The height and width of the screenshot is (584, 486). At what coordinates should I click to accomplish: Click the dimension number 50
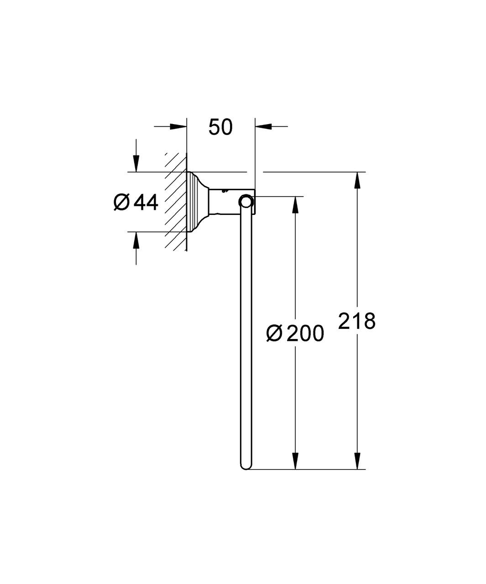220,127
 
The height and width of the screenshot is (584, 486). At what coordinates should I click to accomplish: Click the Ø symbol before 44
122,202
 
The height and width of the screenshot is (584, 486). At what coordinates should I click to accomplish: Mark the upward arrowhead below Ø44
136,240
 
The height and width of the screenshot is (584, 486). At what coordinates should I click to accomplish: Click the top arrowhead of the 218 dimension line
357,181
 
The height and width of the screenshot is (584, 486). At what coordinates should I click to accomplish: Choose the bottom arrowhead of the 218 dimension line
357,460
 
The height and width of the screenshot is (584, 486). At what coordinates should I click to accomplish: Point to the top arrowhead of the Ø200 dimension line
296,205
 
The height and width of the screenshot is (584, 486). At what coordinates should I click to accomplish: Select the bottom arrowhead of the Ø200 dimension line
296,460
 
